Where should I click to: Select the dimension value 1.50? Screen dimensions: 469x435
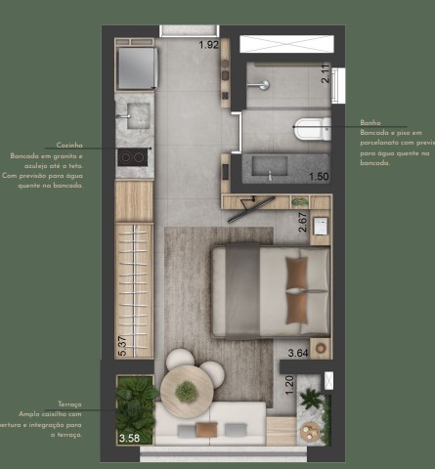317,177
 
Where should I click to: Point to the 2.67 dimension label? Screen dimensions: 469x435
303,224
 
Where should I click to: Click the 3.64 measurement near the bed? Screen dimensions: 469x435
297,353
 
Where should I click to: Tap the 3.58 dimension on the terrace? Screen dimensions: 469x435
129,439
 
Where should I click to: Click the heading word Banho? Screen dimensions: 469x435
370,123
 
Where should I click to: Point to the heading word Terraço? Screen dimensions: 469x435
69,404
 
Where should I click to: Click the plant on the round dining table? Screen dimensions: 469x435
186,391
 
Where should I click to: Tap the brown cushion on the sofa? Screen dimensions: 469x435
205,429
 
